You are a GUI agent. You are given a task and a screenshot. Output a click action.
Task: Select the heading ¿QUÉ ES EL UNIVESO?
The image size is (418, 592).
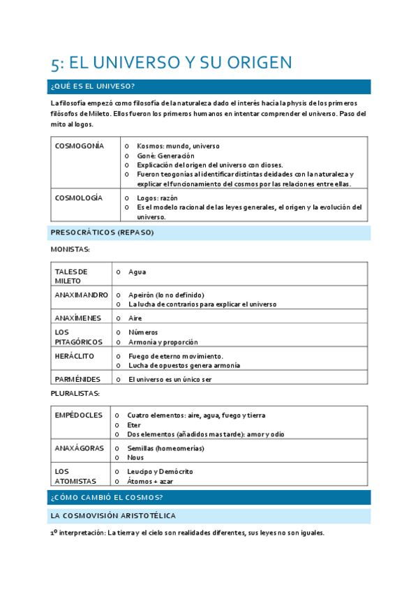tap(92, 87)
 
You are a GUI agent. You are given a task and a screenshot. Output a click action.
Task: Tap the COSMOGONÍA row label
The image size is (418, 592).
tap(79, 146)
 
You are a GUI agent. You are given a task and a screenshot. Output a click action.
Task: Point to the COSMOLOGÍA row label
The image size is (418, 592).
tap(78, 198)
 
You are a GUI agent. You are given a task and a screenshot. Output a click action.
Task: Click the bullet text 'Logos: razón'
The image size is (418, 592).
tap(158, 198)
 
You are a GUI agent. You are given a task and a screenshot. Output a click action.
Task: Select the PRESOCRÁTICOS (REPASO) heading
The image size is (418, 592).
tap(102, 232)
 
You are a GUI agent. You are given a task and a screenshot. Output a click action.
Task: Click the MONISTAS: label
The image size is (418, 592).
tap(70, 249)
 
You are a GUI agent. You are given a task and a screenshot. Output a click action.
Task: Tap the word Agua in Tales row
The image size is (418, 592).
tap(137, 272)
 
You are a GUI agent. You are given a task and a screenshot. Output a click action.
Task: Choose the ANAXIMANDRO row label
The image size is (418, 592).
tap(81, 295)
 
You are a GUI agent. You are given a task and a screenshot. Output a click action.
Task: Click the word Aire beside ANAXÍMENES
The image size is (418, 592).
tap(135, 318)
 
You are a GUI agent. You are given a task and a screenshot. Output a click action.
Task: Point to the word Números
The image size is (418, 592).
tap(143, 332)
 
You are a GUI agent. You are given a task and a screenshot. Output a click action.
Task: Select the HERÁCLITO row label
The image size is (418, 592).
tap(75, 356)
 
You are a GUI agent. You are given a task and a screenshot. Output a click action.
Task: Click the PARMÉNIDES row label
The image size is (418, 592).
tap(77, 379)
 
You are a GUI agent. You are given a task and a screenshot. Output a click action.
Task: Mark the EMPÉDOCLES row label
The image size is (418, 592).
tap(79, 415)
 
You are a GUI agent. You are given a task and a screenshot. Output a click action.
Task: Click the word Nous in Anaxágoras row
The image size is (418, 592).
tap(135, 457)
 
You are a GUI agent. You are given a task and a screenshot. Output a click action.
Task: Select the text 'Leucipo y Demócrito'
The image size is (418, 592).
tap(160, 471)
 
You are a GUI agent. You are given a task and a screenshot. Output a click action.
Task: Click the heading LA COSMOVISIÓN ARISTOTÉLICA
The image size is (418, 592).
tap(112, 516)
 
